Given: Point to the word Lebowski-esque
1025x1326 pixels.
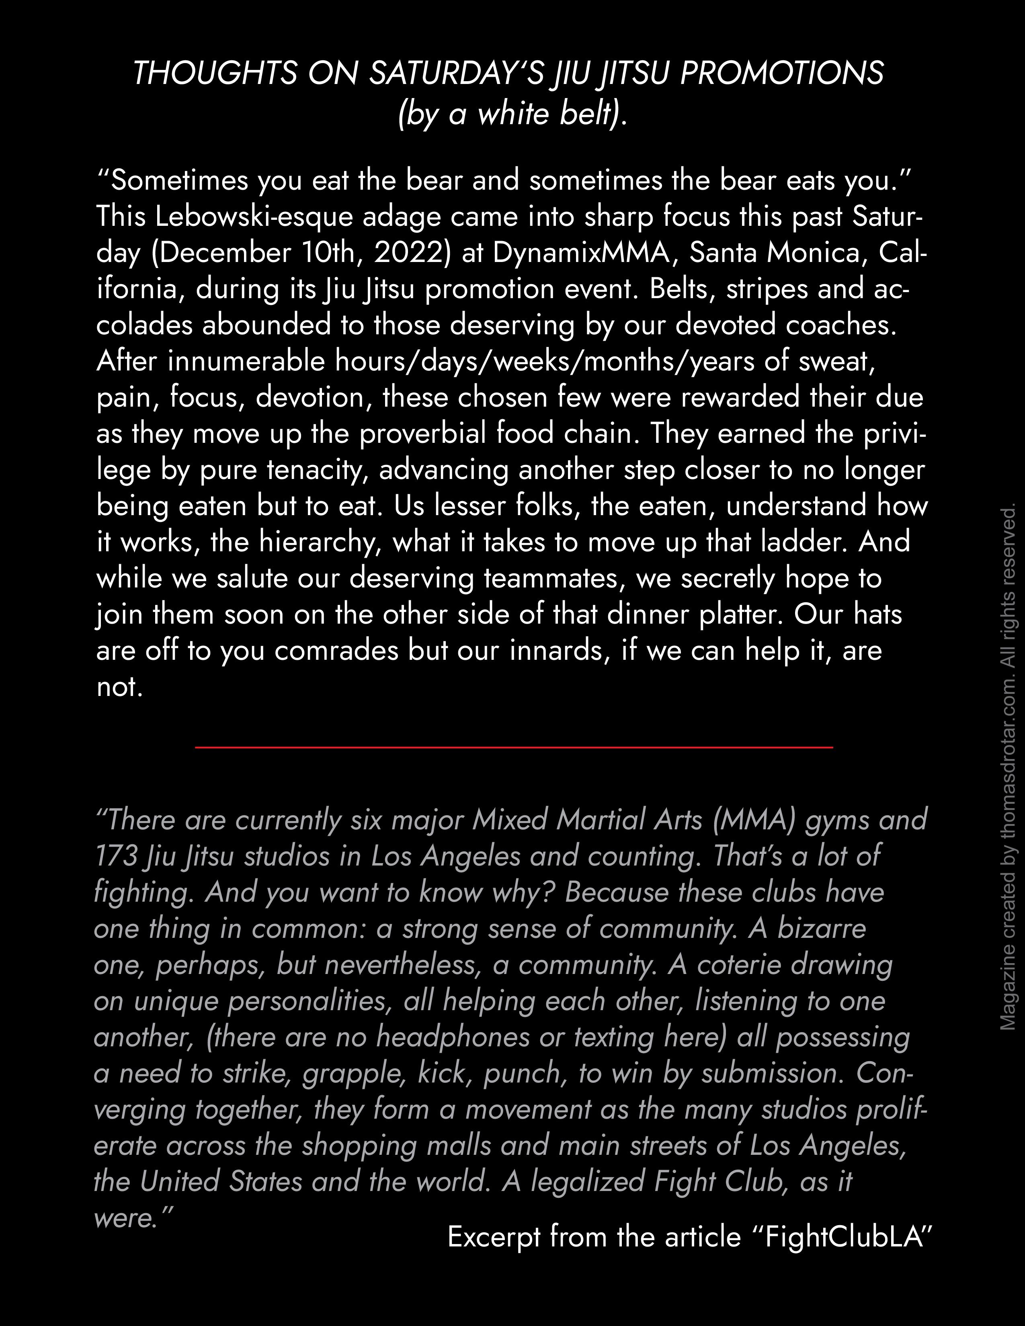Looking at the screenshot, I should tap(254, 217).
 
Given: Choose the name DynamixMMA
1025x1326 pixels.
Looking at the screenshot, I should tap(585, 253).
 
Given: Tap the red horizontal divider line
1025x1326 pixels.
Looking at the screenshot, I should tap(514, 747).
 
